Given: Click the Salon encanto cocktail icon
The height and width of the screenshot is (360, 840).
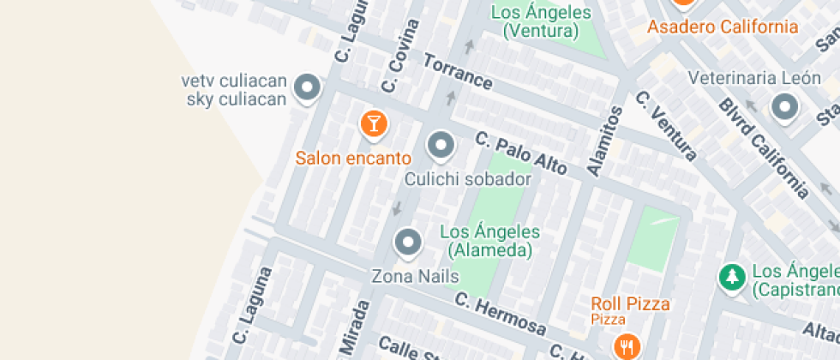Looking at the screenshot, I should pos(374,123).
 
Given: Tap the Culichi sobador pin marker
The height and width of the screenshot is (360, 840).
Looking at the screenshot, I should pos(441,146).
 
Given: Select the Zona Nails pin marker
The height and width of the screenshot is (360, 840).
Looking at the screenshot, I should pos(407,243).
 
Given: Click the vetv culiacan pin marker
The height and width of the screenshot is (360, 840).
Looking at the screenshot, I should pos(307,87).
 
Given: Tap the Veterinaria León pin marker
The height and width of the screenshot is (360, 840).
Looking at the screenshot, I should pos(784,108).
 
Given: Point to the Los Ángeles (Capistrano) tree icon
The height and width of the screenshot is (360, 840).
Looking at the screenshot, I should pos(731,276).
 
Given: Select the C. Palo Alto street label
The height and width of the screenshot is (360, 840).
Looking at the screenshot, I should pos(520,153).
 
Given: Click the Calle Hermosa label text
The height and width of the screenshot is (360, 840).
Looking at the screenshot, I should pos(500,314).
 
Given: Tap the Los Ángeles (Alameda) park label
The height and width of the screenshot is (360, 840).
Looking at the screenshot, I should pos(489,241).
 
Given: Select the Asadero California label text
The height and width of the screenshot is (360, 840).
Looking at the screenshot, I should pos(722,27).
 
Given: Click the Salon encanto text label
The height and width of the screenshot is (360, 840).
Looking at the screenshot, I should pos(353,158).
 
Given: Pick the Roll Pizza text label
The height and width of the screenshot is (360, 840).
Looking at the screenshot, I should pos(630,303).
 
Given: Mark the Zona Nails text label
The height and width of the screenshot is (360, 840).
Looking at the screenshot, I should pos(415,276).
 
